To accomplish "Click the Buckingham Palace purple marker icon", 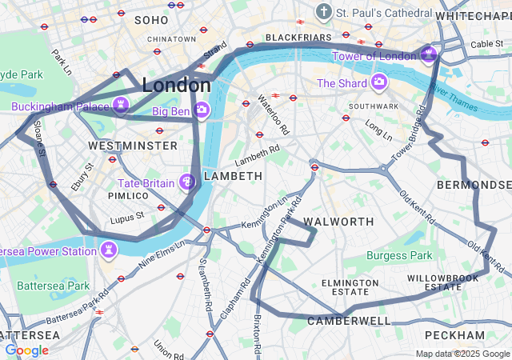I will [121, 106].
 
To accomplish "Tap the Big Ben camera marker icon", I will [202, 110].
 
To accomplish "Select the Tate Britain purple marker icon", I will [188, 183].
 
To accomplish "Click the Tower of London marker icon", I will [429, 54].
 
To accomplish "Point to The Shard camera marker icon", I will [379, 82].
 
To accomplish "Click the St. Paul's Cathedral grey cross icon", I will [323, 12].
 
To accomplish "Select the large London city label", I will [176, 84].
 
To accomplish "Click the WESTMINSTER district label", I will [133, 146].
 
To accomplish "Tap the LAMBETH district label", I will [233, 175].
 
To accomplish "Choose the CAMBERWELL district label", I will [349, 321].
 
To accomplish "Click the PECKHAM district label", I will [454, 334].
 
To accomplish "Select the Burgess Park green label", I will [399, 255].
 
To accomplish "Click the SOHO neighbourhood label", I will [152, 19].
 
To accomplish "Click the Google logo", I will [26, 350].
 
